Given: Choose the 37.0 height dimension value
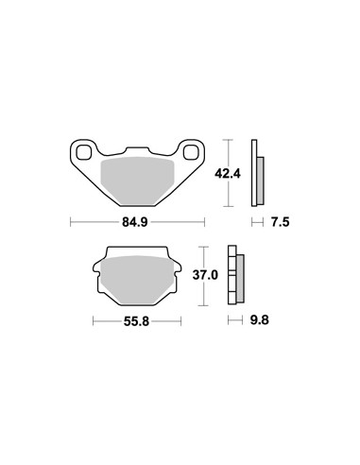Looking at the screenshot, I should (x=206, y=275).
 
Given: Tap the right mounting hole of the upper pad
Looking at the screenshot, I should (x=192, y=153).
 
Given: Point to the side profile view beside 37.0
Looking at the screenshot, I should (x=235, y=276).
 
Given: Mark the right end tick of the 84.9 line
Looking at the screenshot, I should (x=204, y=223).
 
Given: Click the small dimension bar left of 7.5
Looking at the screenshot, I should (x=256, y=223).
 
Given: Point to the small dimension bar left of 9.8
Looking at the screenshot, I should (x=233, y=321).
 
